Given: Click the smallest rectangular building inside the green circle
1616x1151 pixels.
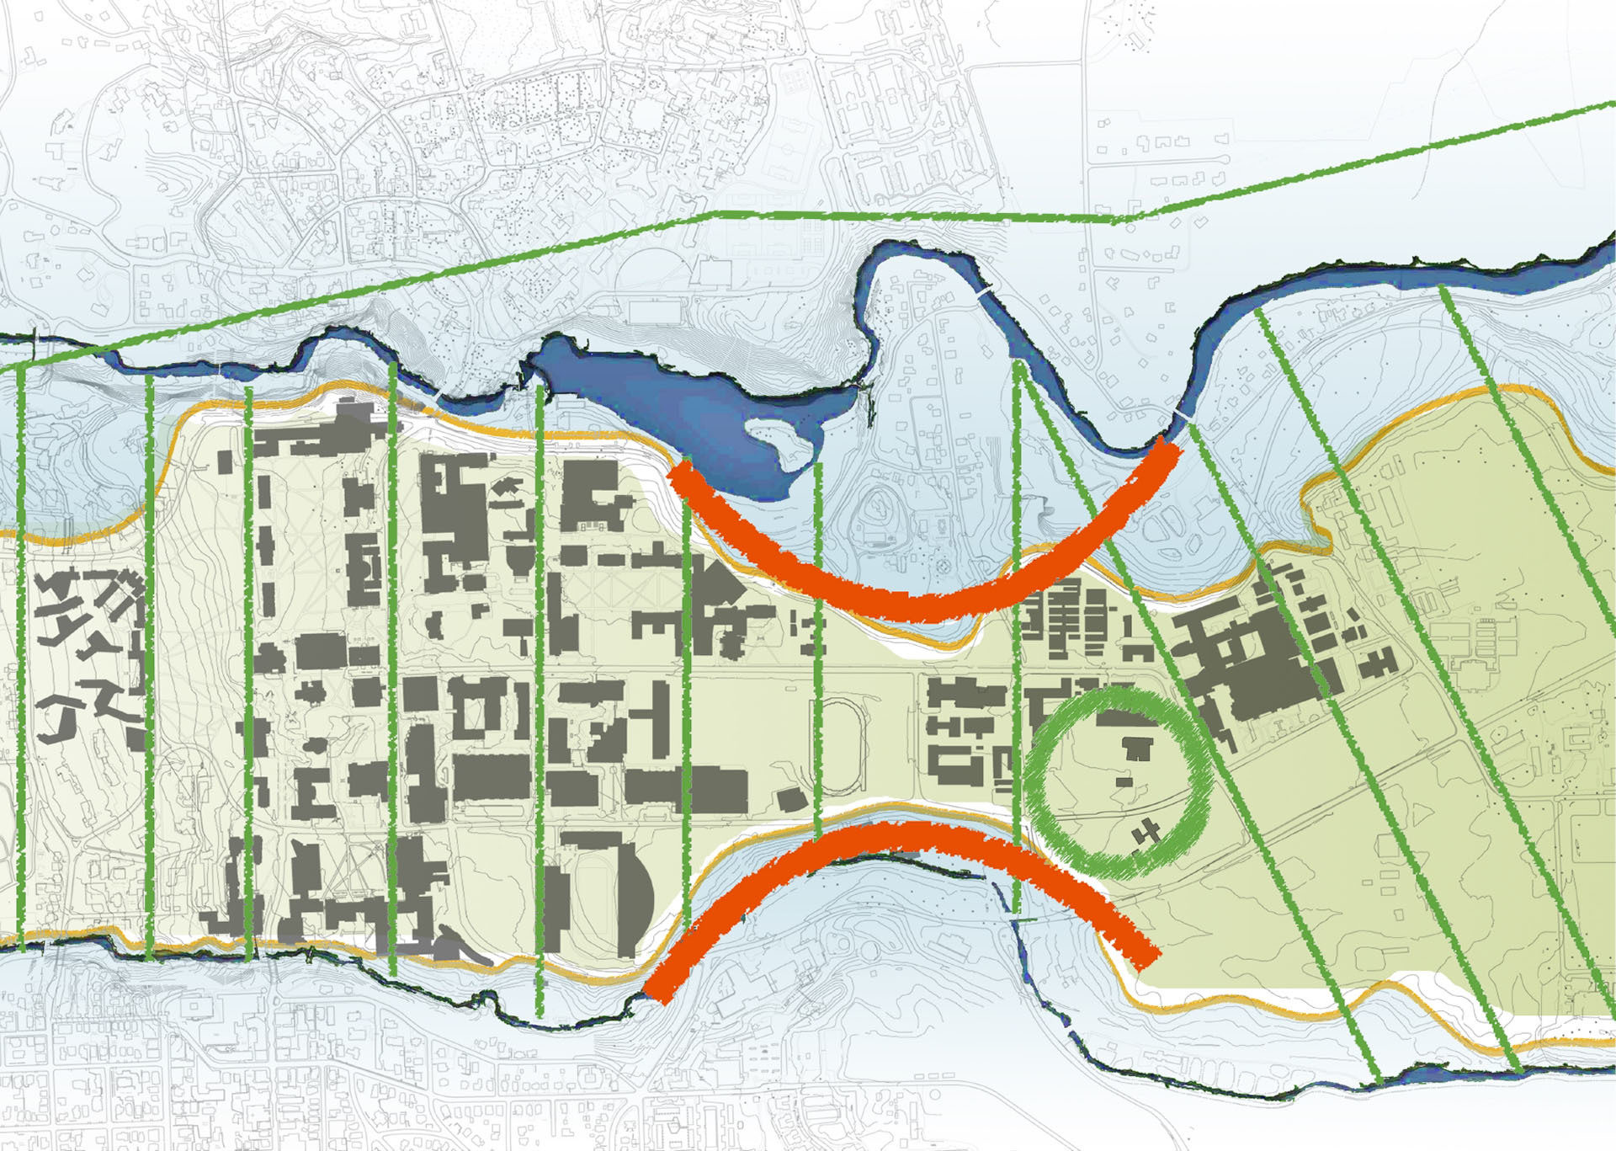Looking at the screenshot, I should click(x=1124, y=782).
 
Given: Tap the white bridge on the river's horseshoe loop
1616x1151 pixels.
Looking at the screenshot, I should click(x=985, y=290).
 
